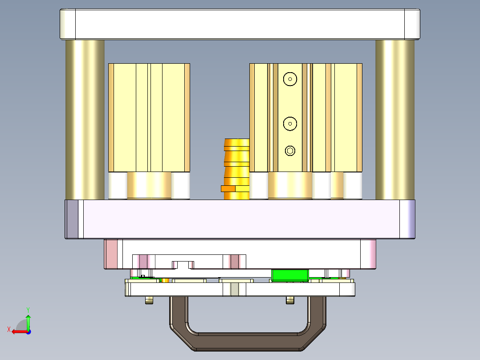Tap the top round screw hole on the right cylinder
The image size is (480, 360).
point(290,79)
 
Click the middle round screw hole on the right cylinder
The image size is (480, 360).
point(290,123)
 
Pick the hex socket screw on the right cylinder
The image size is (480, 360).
point(290,151)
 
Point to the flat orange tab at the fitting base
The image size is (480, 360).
point(228,188)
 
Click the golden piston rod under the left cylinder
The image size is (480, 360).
point(149,185)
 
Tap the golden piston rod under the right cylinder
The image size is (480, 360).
point(290,185)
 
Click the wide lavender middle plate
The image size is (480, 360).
point(240,219)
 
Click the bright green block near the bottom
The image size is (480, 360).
point(290,275)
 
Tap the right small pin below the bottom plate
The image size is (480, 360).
point(290,301)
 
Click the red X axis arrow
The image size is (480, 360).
point(18,331)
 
